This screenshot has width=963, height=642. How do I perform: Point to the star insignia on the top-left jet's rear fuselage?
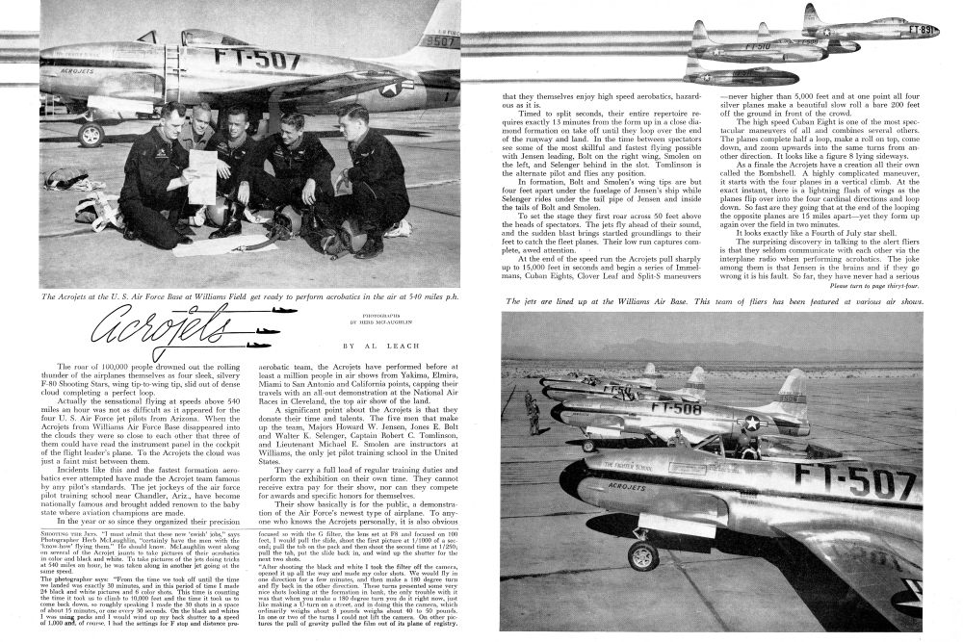391,88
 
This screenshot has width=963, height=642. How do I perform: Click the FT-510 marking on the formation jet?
757,45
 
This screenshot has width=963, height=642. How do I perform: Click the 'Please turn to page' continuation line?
873,287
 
